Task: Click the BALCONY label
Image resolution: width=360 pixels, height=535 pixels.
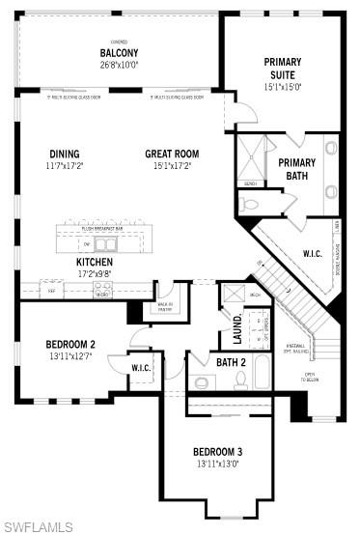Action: click(120, 53)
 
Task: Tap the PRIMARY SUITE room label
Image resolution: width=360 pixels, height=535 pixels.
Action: click(283, 68)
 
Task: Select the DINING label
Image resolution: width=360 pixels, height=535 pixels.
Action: click(65, 154)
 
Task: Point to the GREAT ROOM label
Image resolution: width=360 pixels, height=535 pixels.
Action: click(172, 154)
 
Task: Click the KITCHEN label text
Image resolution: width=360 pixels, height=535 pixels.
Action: click(95, 262)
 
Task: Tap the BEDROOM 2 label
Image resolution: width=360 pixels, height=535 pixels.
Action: click(70, 344)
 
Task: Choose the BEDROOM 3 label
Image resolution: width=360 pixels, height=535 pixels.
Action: click(217, 452)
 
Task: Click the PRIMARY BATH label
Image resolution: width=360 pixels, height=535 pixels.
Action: click(297, 169)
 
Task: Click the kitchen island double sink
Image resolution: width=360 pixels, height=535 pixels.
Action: click(105, 243)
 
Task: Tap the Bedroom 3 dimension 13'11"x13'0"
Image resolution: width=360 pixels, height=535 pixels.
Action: click(217, 465)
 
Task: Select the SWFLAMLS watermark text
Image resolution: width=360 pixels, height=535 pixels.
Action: click(39, 526)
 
